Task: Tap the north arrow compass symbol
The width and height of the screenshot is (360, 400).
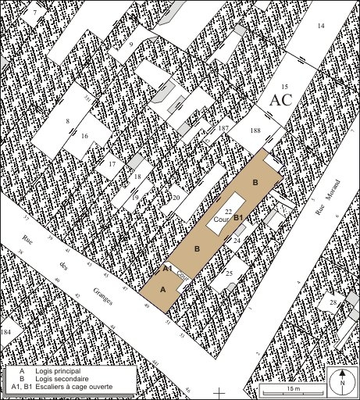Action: coord(341,381)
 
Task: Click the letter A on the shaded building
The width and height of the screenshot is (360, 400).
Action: coord(162,289)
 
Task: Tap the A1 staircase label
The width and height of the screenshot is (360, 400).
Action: coord(167,269)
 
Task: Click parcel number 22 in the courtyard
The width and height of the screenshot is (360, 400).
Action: coord(228,212)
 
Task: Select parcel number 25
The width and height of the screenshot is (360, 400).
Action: coord(229,273)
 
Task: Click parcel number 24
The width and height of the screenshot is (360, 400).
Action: coord(237,241)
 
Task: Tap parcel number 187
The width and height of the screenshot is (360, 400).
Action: coord(224,128)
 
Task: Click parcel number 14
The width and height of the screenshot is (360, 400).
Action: coord(320,26)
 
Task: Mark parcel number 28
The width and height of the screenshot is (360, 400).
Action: coord(333,302)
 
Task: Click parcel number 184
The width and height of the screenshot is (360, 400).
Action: coord(6,333)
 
